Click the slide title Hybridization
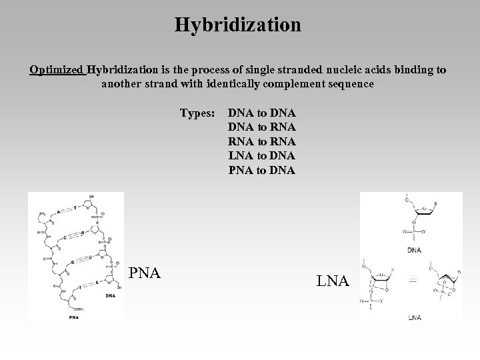(238, 25)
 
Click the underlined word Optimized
(57, 70)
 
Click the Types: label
(197, 113)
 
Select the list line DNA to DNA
(262, 113)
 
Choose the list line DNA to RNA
(262, 127)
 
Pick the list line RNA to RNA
(262, 141)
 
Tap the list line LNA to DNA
(262, 155)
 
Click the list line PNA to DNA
(262, 169)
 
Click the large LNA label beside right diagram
(333, 282)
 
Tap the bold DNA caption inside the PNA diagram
(110, 295)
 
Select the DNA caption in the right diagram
(415, 250)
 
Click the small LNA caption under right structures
(415, 317)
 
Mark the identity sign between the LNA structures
(413, 281)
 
